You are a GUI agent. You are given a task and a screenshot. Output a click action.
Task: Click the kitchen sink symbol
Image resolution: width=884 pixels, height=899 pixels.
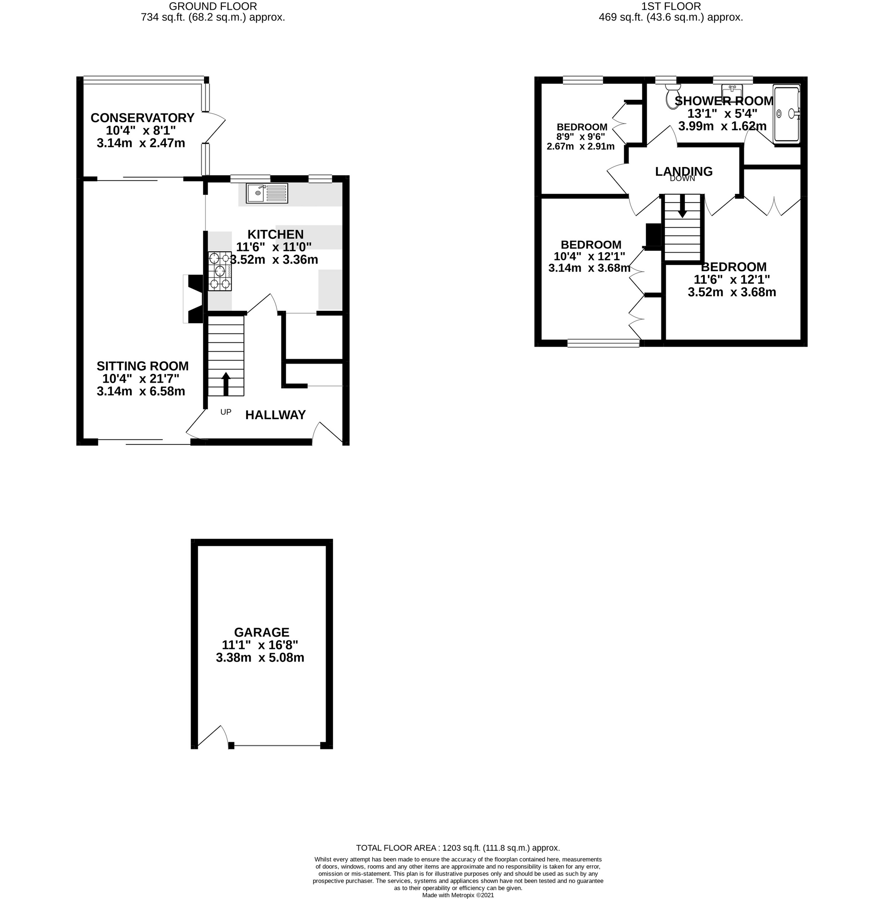point(267,193)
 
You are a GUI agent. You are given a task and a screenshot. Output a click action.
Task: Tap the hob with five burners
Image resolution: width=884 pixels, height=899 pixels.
point(220,271)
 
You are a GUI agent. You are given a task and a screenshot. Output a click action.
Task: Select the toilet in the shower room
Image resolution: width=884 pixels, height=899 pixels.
point(672,96)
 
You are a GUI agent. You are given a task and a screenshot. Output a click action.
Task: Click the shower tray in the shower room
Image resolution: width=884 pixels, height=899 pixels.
point(786,113)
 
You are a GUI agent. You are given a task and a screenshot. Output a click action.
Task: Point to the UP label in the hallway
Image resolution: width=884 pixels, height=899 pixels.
point(226,412)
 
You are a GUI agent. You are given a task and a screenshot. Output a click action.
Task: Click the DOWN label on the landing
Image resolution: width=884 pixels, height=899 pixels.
point(682,178)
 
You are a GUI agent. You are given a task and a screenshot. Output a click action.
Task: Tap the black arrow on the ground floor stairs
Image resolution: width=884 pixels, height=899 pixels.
point(226,383)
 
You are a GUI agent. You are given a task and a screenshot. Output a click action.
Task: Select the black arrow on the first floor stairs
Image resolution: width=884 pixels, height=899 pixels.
point(682,206)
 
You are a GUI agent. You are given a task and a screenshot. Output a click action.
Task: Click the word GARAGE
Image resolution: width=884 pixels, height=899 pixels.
point(261,632)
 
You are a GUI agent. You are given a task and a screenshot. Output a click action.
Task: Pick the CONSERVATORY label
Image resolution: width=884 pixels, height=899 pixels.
point(142,118)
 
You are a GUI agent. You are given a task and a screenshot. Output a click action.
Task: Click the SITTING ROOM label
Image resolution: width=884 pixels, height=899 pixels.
point(142,366)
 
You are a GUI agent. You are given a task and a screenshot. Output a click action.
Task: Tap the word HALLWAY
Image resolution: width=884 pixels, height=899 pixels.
point(275,414)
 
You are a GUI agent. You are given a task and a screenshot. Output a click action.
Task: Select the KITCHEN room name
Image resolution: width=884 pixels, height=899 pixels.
point(275,234)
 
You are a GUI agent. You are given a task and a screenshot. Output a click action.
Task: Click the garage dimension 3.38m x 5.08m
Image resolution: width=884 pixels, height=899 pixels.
point(260,657)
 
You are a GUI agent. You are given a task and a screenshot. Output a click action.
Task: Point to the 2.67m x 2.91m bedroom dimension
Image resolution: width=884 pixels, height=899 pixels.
point(580,147)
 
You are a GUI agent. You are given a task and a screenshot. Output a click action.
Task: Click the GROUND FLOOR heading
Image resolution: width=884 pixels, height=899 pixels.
point(212,6)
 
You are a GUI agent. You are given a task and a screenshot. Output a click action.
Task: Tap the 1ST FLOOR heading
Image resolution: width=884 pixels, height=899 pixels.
point(671,6)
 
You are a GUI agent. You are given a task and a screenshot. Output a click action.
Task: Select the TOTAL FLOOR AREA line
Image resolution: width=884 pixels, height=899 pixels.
point(458,848)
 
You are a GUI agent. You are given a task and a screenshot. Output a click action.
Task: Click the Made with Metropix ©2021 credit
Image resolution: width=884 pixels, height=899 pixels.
point(458,895)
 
